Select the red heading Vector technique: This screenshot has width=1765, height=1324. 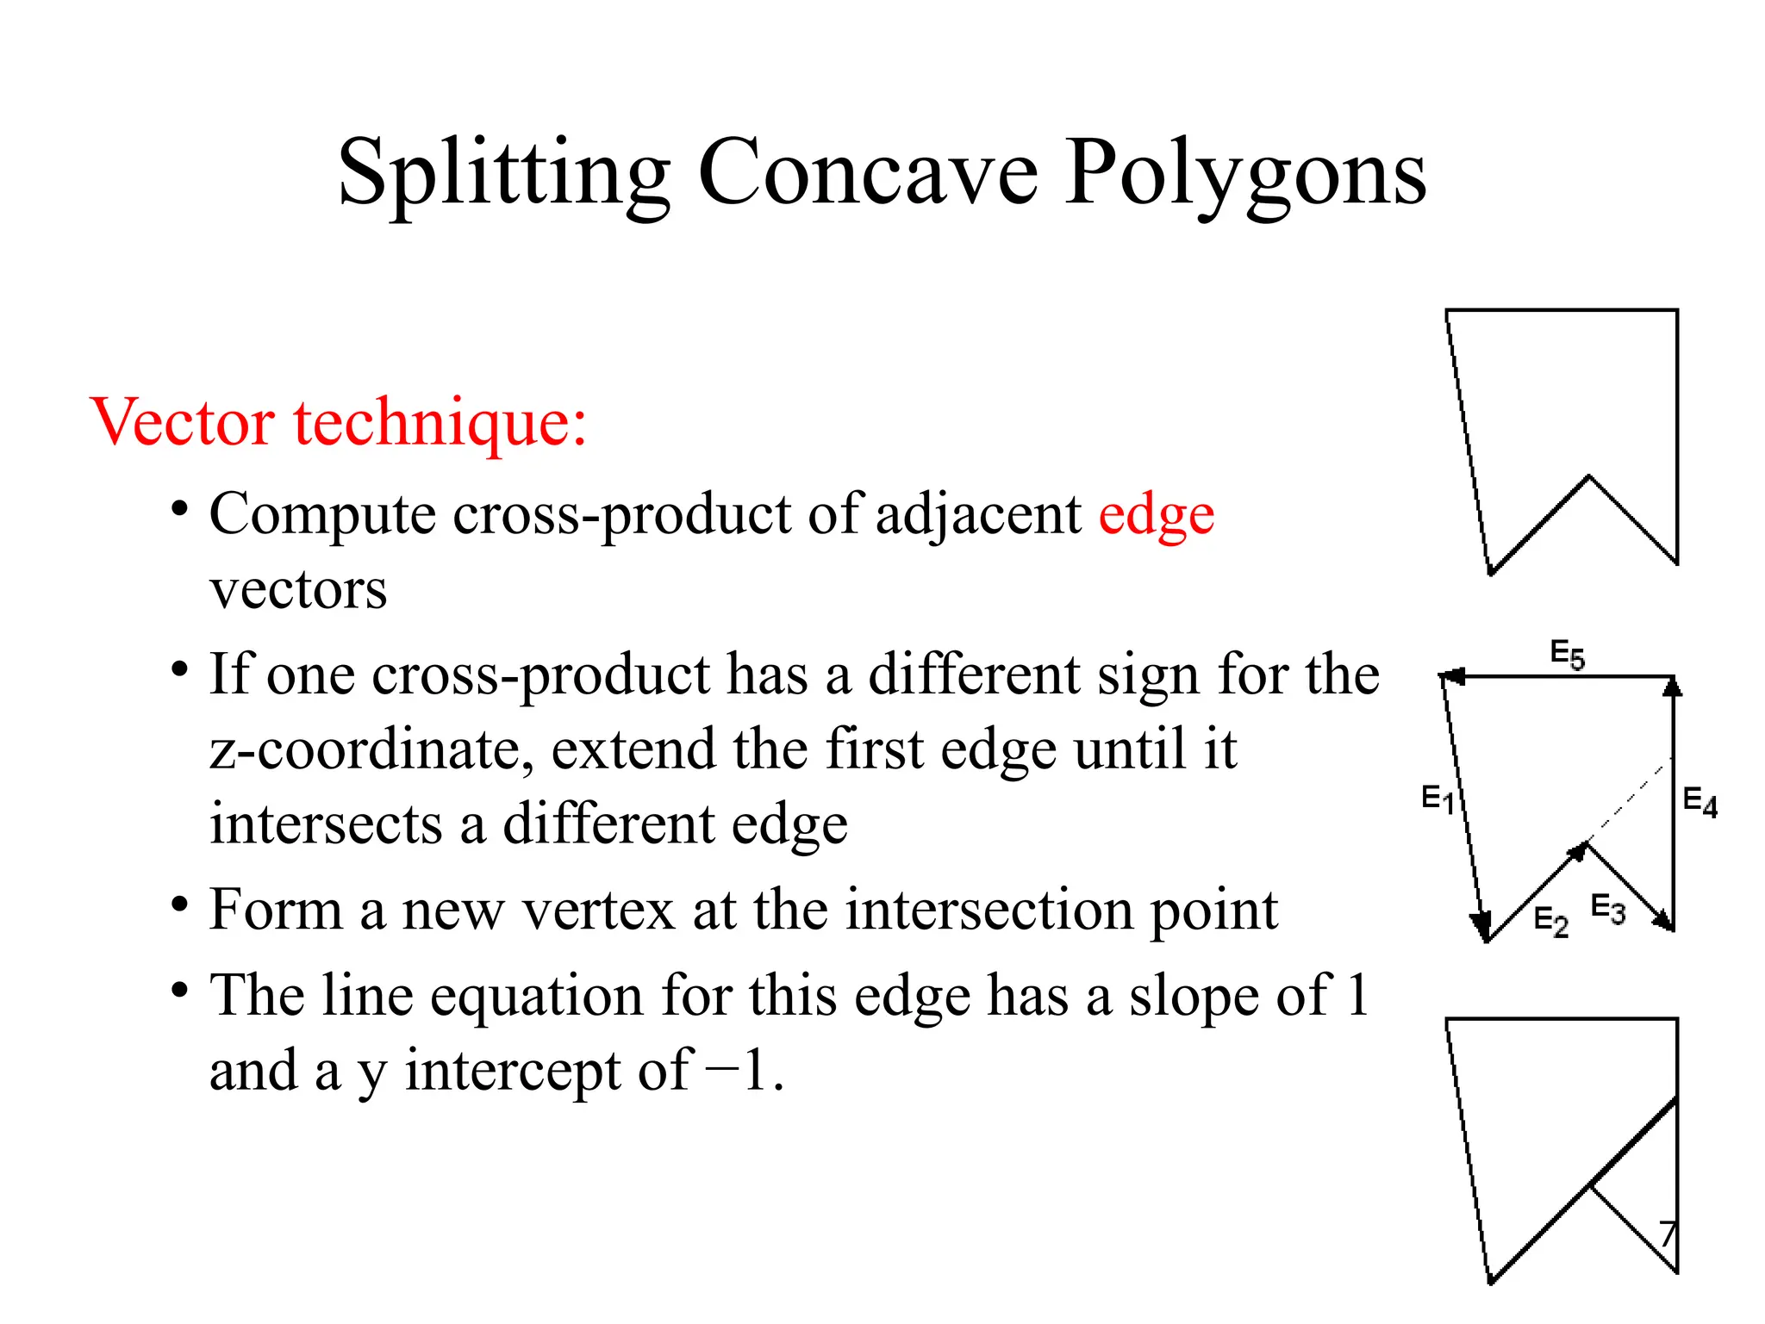point(338,422)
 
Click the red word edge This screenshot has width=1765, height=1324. point(1156,515)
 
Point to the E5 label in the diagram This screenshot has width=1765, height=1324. point(1567,654)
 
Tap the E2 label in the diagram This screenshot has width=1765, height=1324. point(1551,921)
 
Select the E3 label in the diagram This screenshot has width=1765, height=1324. point(1608,909)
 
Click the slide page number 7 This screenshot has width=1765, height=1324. point(1668,1234)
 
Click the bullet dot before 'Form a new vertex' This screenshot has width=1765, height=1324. point(179,905)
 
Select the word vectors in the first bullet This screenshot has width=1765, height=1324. point(298,591)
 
